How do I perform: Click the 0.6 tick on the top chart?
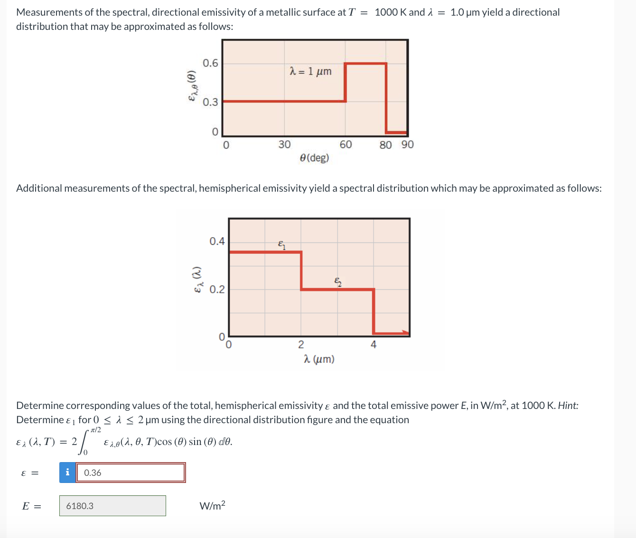(x=210, y=63)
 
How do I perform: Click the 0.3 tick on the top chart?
(x=210, y=102)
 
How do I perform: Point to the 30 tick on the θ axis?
(x=284, y=145)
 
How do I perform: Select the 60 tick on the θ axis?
(x=346, y=145)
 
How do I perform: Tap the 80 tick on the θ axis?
(x=385, y=145)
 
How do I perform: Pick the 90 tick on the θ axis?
(x=407, y=145)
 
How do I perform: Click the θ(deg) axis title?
(x=314, y=158)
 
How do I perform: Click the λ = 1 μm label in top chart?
(x=310, y=72)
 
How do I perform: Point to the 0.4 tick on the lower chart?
(x=217, y=241)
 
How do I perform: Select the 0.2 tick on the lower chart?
(x=217, y=289)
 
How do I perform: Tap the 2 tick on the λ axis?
(x=301, y=345)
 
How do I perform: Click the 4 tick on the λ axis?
(x=374, y=345)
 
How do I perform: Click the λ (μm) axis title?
(x=318, y=359)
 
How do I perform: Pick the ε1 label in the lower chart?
(x=282, y=245)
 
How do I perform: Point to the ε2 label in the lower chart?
(x=337, y=282)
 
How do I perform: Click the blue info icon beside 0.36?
(x=67, y=473)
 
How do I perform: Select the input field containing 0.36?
(x=131, y=473)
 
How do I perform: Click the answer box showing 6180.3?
(x=112, y=506)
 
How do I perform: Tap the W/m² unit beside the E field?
(x=212, y=506)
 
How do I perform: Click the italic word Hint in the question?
(x=567, y=406)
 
